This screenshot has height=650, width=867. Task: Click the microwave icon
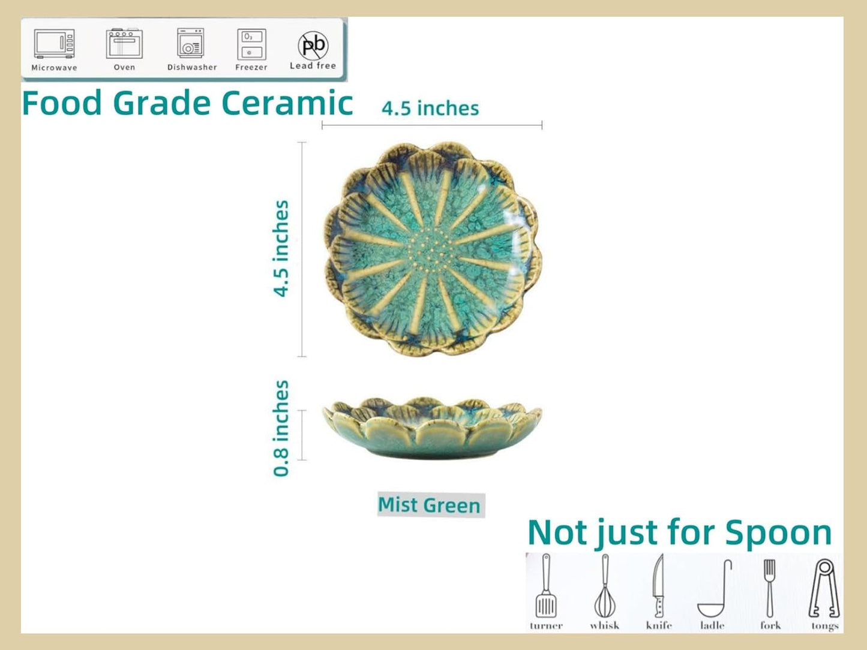[54, 44]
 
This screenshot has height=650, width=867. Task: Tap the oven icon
[124, 44]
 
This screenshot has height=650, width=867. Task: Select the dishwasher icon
[191, 44]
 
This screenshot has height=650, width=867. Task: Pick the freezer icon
[251, 44]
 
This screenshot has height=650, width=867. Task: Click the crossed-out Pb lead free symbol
[313, 44]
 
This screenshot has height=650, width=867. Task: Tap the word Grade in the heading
[161, 103]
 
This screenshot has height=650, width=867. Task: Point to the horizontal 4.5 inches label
[430, 109]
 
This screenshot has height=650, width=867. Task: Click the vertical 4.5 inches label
[281, 248]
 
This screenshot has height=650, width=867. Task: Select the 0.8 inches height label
[281, 428]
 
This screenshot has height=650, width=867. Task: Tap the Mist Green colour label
[430, 505]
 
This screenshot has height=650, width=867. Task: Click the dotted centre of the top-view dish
[433, 249]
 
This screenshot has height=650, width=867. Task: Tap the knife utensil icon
[659, 586]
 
